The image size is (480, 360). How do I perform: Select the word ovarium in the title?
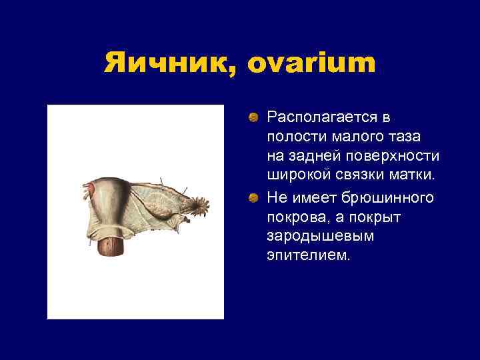point(311,64)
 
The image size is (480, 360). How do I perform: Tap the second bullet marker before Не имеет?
point(254,198)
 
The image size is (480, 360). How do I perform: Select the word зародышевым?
point(307,237)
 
